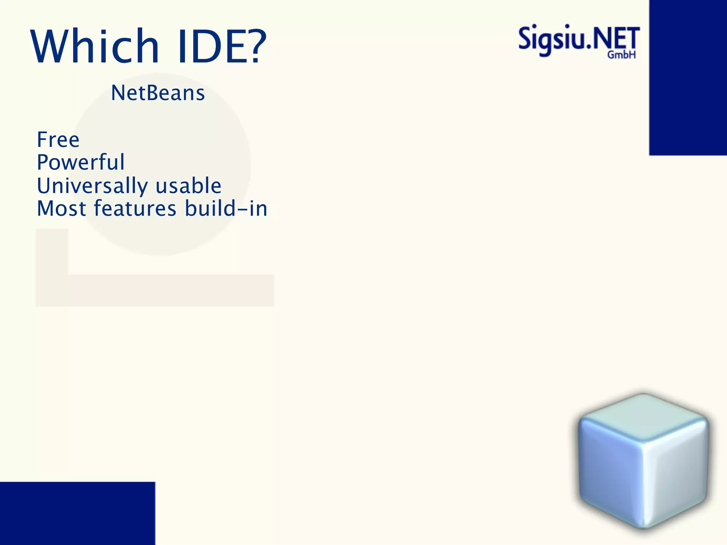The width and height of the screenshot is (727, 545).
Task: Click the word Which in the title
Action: pos(95,46)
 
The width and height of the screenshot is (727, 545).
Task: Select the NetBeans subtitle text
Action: pos(158,93)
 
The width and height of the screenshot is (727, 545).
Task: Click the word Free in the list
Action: pos(58,139)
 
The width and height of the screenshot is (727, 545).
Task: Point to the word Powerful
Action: pos(81,162)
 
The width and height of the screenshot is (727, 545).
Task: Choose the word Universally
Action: pos(92,186)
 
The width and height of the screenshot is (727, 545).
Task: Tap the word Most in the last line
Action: pos(61,208)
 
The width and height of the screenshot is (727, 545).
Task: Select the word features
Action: pos(135,208)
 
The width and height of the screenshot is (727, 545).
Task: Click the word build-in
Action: pos(226,208)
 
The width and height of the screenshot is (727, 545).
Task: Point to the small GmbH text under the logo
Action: pos(621,55)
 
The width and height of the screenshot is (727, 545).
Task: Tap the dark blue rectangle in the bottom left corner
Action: pos(77,513)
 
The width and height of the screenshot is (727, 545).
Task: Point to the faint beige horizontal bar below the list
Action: pos(170,290)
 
